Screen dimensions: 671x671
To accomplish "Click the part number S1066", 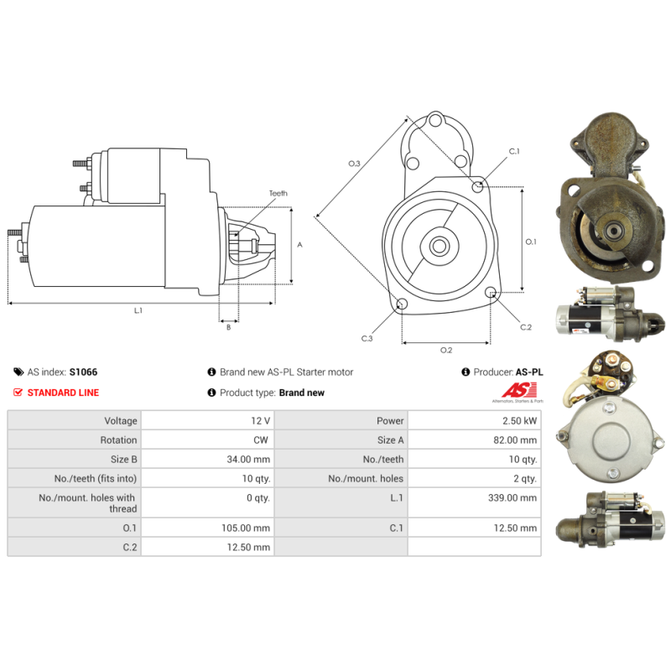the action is click(83, 372).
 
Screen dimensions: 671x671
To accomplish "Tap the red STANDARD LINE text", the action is click(63, 393).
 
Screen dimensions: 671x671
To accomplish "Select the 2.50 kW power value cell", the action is click(519, 421).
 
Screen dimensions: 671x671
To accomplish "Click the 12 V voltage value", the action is click(261, 421).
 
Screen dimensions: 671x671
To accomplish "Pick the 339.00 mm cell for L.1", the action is click(512, 497).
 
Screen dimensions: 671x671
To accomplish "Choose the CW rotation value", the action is click(261, 440).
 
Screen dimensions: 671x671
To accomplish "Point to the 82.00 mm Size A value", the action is click(515, 440).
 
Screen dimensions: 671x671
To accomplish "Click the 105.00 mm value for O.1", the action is click(246, 528).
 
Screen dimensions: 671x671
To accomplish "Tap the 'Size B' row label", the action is click(123, 459).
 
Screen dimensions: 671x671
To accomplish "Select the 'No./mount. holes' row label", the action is click(366, 478).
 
